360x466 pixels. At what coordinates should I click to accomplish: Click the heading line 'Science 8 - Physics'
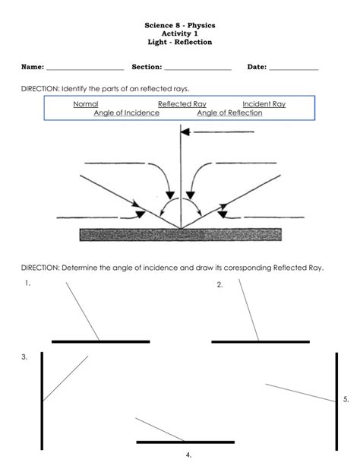click(180, 25)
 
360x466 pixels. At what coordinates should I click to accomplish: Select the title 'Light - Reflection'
click(180, 42)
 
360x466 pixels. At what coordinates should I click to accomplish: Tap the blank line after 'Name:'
click(85, 69)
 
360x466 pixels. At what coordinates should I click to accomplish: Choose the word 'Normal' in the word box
click(86, 104)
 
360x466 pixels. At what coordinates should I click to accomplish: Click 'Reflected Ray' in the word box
click(182, 104)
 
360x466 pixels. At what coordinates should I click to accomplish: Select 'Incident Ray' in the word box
click(264, 104)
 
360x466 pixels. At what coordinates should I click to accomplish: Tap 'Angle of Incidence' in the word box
click(127, 113)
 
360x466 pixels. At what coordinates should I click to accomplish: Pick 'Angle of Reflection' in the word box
click(229, 113)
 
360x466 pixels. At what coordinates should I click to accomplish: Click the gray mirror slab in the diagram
click(180, 235)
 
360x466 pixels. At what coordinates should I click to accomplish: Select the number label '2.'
click(219, 285)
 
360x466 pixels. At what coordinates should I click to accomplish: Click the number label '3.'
click(24, 357)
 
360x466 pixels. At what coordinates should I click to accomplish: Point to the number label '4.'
click(188, 455)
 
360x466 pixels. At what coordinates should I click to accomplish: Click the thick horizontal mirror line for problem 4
click(184, 442)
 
